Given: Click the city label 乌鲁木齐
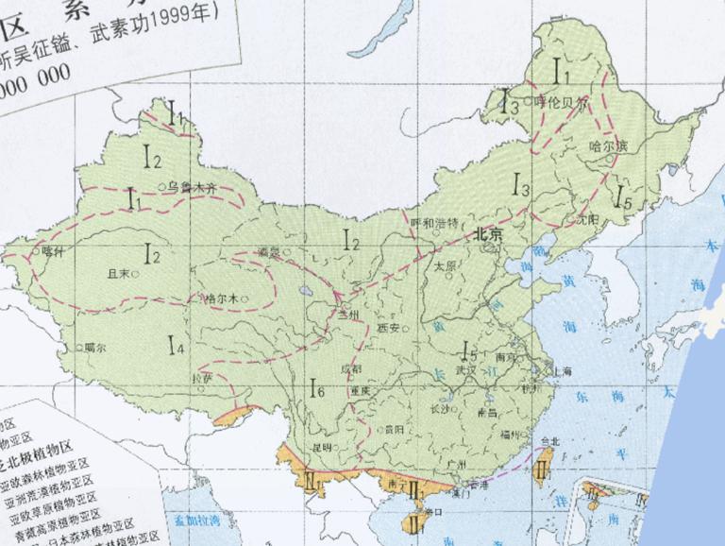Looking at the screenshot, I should pyautogui.click(x=193, y=188).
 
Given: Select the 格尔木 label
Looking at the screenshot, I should pyautogui.click(x=223, y=299).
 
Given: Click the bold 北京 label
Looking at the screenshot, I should pyautogui.click(x=493, y=232).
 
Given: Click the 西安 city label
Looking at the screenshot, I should pyautogui.click(x=389, y=327).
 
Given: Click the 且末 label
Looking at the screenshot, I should pyautogui.click(x=118, y=273).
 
